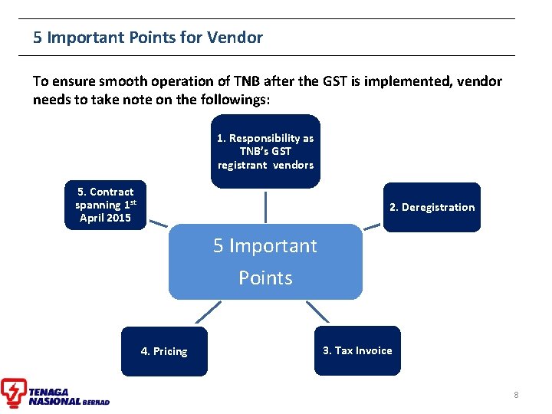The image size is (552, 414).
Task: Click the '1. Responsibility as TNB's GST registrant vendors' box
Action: (265, 151)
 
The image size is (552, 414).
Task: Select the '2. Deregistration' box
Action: (432, 207)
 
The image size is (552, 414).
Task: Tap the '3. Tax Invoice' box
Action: (357, 350)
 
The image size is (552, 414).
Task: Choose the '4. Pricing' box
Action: (164, 351)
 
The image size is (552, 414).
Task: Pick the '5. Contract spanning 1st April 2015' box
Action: (105, 205)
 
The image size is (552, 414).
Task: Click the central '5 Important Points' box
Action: (265, 261)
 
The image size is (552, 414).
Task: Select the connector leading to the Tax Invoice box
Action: (317, 311)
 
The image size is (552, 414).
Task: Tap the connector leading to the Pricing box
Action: (208, 311)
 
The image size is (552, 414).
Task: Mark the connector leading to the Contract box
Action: (158, 224)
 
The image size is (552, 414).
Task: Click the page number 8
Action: (516, 395)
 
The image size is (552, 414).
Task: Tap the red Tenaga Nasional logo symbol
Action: (13, 392)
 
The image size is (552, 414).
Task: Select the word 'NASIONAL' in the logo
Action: (54, 401)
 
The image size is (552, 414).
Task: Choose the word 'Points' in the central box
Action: (265, 278)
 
